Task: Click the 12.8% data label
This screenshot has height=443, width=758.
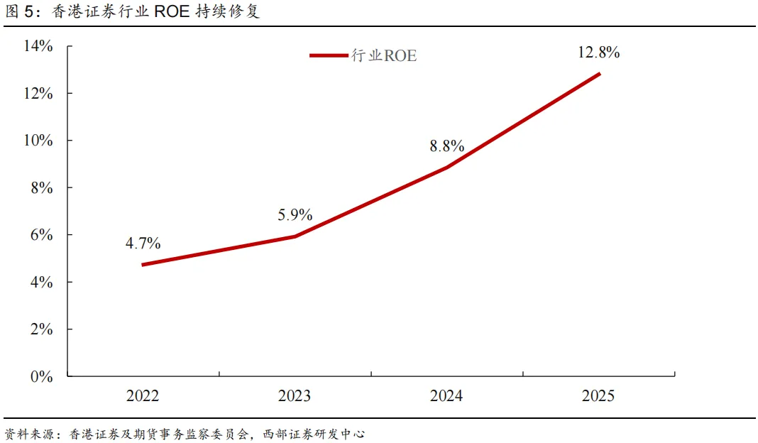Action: (x=598, y=53)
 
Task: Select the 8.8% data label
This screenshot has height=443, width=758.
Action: (x=446, y=146)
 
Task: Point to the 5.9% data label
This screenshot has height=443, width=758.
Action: (x=295, y=214)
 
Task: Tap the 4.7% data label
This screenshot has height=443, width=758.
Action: (x=143, y=243)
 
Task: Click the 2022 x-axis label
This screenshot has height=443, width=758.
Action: (x=143, y=395)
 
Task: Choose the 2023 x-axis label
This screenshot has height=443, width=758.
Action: (x=295, y=395)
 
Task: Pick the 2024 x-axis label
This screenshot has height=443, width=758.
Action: (x=446, y=395)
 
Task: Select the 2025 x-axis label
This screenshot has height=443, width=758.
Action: (x=598, y=395)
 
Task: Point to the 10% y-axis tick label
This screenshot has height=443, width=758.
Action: (x=38, y=141)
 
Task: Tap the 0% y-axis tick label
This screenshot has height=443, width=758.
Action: (x=42, y=376)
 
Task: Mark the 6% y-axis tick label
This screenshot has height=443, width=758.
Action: (x=42, y=234)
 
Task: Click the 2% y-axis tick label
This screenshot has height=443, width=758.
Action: (x=42, y=329)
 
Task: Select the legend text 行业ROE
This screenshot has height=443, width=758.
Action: (x=384, y=55)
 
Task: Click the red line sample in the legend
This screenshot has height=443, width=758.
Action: (x=329, y=55)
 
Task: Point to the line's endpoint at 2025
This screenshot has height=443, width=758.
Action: (x=600, y=74)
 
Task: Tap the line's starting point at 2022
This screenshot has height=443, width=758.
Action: (x=143, y=265)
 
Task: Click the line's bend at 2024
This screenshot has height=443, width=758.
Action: (x=446, y=168)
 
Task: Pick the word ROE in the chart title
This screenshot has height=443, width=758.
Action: (x=172, y=11)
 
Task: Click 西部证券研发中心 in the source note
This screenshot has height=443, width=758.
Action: (x=314, y=434)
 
